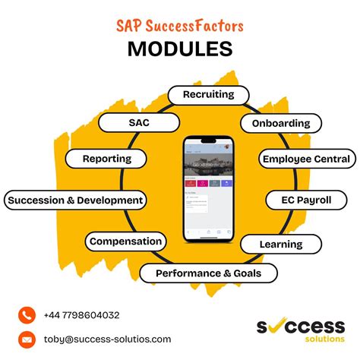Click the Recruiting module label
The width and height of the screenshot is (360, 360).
point(207,96)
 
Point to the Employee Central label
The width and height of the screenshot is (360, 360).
point(306,159)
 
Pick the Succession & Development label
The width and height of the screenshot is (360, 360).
point(74,201)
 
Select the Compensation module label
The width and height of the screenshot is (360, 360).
point(125,242)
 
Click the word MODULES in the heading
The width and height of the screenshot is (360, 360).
point(180,49)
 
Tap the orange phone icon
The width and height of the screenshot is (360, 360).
point(27,314)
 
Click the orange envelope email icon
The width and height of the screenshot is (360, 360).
point(27,339)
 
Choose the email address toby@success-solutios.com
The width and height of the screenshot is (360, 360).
point(106,339)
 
